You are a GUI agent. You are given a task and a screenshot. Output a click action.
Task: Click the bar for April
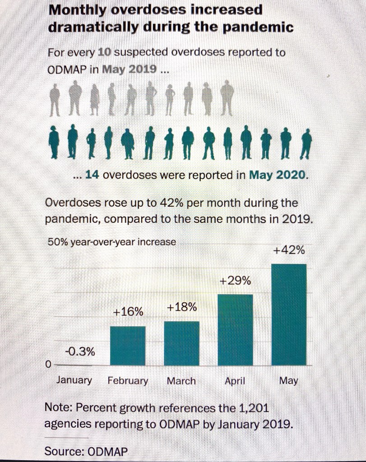pyautogui.click(x=235, y=329)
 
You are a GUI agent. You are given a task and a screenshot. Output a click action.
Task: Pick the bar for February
pyautogui.click(x=128, y=346)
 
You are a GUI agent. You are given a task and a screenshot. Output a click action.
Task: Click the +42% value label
pyautogui.click(x=289, y=250)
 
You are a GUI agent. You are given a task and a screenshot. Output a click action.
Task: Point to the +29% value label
pyautogui.click(x=235, y=281)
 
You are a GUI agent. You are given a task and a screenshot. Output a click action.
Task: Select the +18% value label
pyautogui.click(x=181, y=308)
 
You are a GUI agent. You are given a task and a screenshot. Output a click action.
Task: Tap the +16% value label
pyautogui.click(x=128, y=312)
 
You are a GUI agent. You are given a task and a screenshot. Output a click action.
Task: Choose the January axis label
pyautogui.click(x=74, y=380)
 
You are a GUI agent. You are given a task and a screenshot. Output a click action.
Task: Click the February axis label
pyautogui.click(x=128, y=381)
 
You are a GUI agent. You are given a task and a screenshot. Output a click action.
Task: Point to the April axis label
pyautogui.click(x=235, y=381)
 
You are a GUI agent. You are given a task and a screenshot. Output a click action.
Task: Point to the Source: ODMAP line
pyautogui.click(x=86, y=451)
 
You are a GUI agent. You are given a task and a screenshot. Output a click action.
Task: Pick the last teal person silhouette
pyautogui.click(x=306, y=143)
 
